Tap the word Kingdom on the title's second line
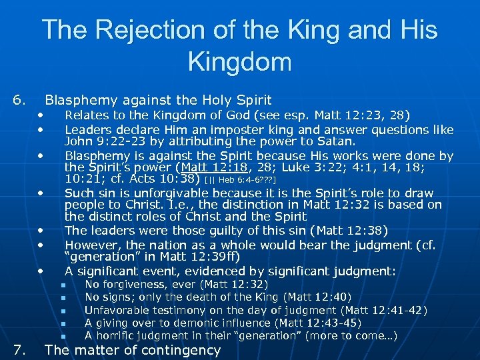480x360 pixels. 240,62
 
